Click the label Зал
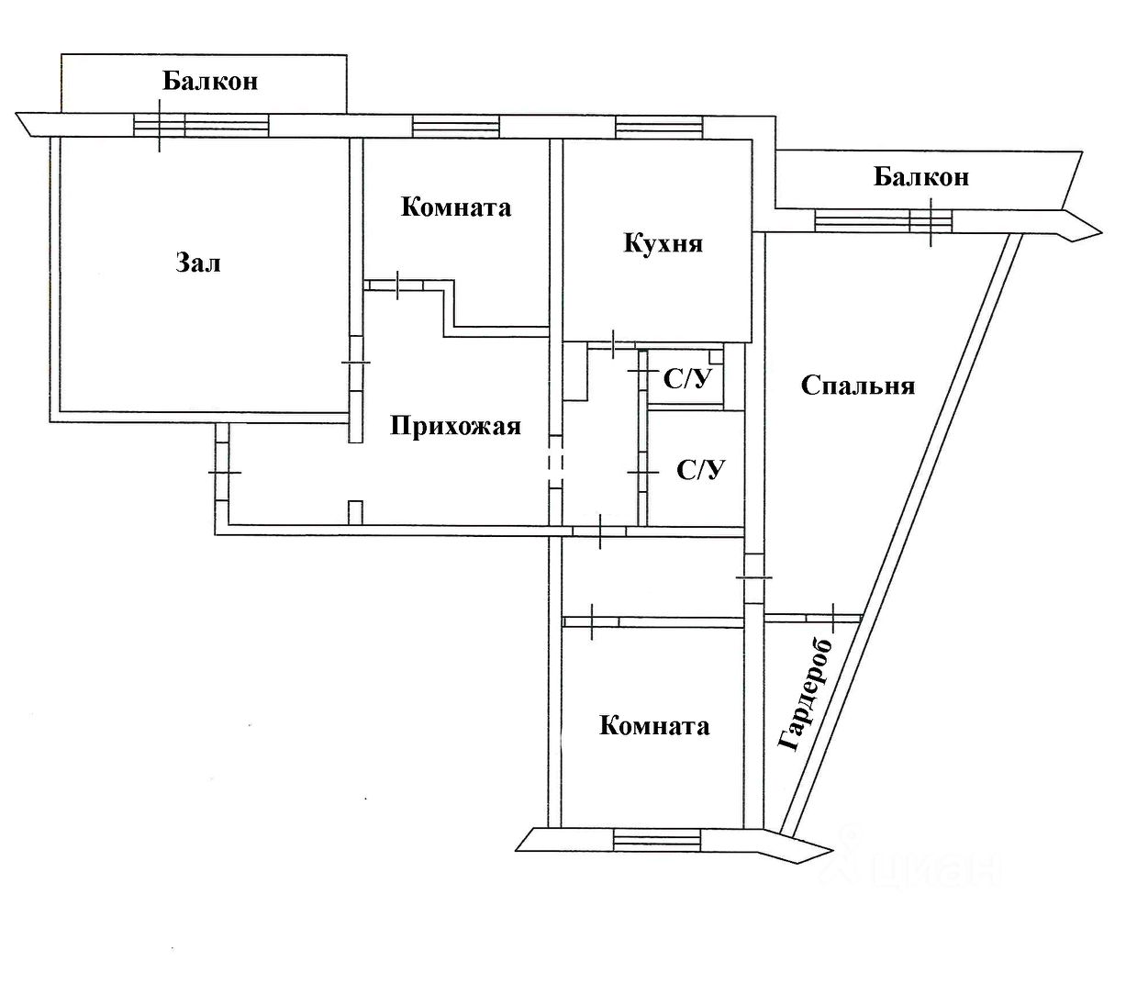pyautogui.click(x=198, y=263)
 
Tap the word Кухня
pyautogui.click(x=663, y=243)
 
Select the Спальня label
pyautogui.click(x=857, y=386)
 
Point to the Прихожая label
pyautogui.click(x=455, y=427)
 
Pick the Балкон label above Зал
pyautogui.click(x=210, y=81)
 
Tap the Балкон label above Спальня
pyautogui.click(x=921, y=177)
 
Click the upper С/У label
pyautogui.click(x=687, y=380)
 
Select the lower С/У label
pyautogui.click(x=700, y=470)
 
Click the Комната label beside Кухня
pyautogui.click(x=456, y=207)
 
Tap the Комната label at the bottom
pyautogui.click(x=654, y=726)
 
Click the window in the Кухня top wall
pyautogui.click(x=659, y=126)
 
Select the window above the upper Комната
pyautogui.click(x=456, y=126)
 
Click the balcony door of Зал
pyautogui.click(x=160, y=126)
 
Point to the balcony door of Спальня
pyautogui.click(x=931, y=222)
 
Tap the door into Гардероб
pyautogui.click(x=833, y=618)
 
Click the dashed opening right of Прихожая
pyautogui.click(x=555, y=462)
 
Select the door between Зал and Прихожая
pyautogui.click(x=356, y=363)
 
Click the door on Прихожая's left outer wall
pyautogui.click(x=222, y=472)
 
